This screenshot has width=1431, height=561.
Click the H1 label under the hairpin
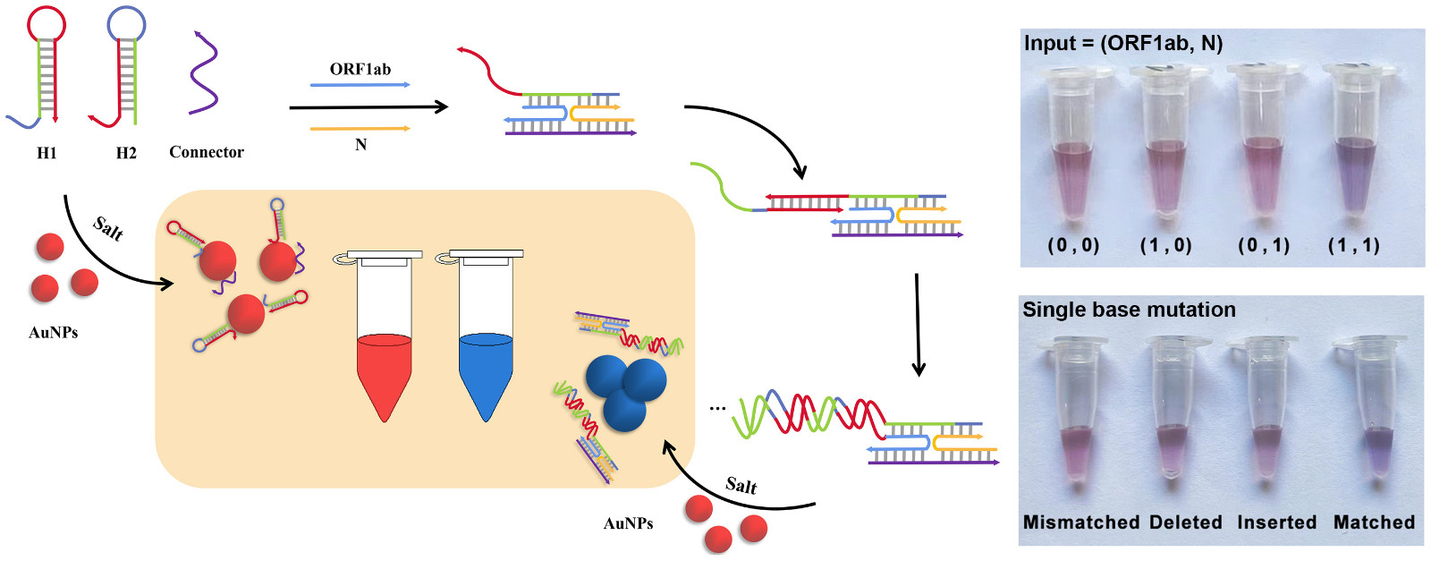coord(47,153)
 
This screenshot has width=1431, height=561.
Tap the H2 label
coord(126,153)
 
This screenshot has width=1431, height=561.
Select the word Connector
coord(206,152)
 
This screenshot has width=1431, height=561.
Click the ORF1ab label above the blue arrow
coord(360,69)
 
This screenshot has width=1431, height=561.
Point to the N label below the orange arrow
coord(360,144)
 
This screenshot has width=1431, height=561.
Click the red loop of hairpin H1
coord(47,24)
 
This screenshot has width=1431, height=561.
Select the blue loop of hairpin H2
coord(126,24)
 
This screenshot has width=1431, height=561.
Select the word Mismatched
coord(1081,523)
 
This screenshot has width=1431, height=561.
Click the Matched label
coord(1374,523)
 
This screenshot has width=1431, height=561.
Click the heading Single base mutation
coord(1129,310)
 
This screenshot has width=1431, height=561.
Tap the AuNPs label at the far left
coord(54,333)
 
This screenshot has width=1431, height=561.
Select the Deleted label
coord(1185,523)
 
